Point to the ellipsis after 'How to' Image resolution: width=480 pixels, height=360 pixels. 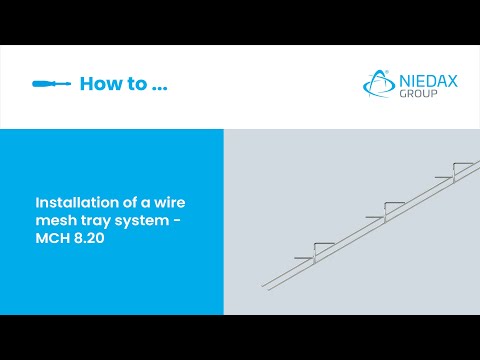[x=159, y=89]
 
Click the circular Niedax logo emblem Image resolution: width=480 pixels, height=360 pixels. [x=378, y=85]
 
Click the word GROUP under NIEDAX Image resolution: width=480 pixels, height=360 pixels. [x=417, y=94]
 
